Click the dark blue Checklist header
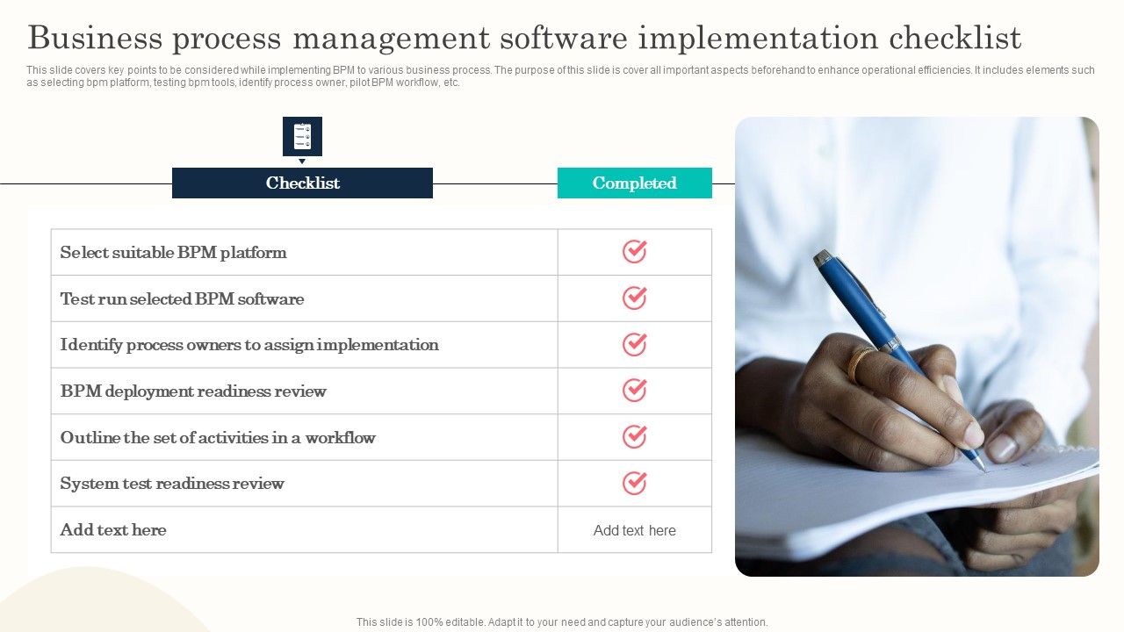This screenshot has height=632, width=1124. pyautogui.click(x=302, y=183)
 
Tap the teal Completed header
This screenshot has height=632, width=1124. pyautogui.click(x=634, y=183)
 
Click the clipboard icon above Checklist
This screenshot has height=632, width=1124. pyautogui.click(x=302, y=136)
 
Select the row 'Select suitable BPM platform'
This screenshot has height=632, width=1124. pyautogui.click(x=173, y=253)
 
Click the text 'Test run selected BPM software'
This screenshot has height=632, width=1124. pyautogui.click(x=182, y=299)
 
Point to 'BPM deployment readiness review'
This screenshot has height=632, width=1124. pyautogui.click(x=193, y=391)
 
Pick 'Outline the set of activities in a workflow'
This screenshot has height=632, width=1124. pyautogui.click(x=218, y=438)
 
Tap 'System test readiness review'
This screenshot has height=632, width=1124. pyautogui.click(x=172, y=484)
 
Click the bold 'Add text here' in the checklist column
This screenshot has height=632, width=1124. pyautogui.click(x=113, y=530)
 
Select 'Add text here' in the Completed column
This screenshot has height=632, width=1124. pyautogui.click(x=634, y=530)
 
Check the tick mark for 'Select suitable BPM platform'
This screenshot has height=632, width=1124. pyautogui.click(x=634, y=252)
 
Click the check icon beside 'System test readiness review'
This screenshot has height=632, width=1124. pyautogui.click(x=634, y=483)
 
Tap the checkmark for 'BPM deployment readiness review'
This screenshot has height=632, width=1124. pyautogui.click(x=634, y=391)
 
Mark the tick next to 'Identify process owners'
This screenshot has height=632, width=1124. pyautogui.click(x=634, y=344)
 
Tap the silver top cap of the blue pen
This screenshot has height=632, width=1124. pyautogui.click(x=824, y=259)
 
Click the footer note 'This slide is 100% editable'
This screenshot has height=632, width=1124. pyautogui.click(x=562, y=622)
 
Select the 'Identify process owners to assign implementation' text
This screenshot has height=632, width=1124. pyautogui.click(x=249, y=345)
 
